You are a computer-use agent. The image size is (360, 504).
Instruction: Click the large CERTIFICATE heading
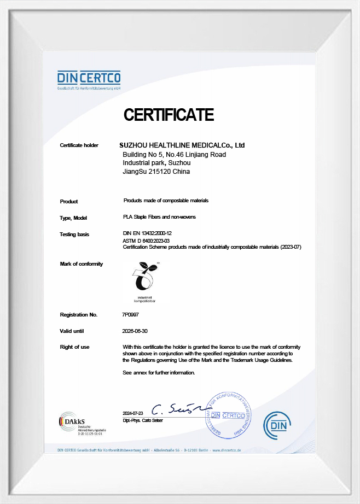pyautogui.click(x=169, y=115)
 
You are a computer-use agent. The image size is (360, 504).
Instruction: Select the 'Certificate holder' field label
pyautogui.click(x=79, y=145)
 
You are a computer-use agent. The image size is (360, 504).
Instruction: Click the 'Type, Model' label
pyautogui.click(x=74, y=218)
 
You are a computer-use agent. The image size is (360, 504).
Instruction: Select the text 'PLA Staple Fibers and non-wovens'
pyautogui.click(x=160, y=217)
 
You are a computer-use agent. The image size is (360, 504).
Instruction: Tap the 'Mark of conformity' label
pyautogui.click(x=81, y=264)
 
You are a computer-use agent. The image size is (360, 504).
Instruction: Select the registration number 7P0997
pyautogui.click(x=131, y=315)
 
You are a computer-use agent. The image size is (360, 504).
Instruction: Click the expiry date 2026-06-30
pyautogui.click(x=135, y=331)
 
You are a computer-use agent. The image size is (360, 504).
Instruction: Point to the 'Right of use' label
pyautogui.click(x=74, y=347)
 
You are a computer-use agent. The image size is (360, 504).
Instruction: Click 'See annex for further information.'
pyautogui.click(x=159, y=373)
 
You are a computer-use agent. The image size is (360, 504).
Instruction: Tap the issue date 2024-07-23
pyautogui.click(x=133, y=413)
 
